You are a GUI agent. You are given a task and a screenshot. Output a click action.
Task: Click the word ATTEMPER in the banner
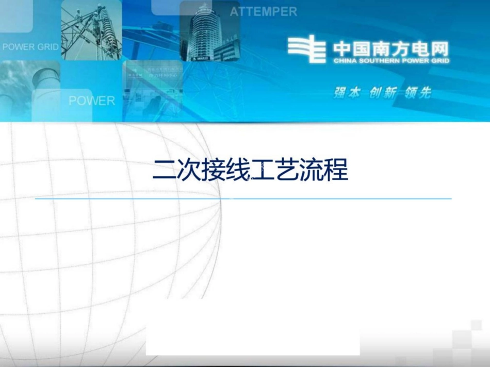[263, 12]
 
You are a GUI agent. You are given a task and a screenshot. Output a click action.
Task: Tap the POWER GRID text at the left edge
[30, 47]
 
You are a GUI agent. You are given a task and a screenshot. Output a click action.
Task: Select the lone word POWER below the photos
[92, 101]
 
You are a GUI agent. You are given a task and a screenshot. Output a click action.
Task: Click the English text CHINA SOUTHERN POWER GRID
[391, 61]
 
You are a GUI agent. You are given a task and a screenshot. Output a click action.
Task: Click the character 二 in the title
[164, 171]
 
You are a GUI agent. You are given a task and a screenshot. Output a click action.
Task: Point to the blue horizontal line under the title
[243, 198]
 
